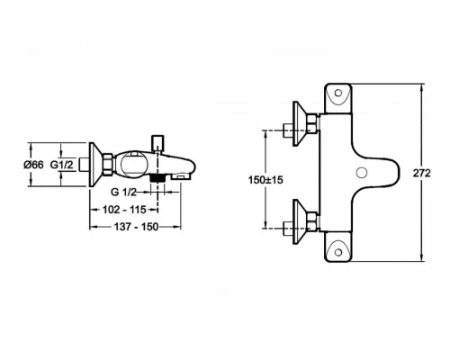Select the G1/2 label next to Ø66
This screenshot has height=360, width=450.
tap(62, 165)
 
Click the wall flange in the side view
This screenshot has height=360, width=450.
tap(93, 164)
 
